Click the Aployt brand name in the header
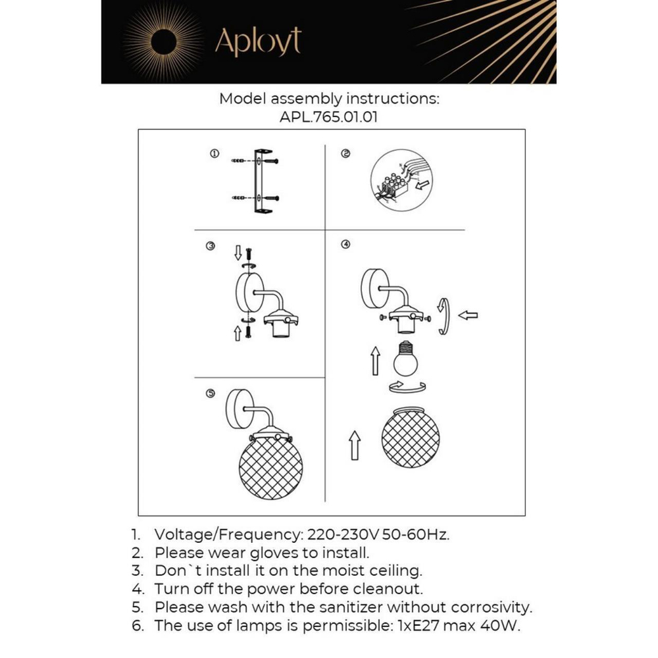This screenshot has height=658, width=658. coord(258,41)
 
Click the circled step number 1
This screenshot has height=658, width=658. coord(214,153)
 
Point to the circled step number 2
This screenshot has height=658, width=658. coord(345,153)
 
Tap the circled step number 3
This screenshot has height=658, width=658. coord(210,246)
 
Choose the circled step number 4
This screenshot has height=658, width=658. coord(345,245)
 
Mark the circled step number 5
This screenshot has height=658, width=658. coord(210,393)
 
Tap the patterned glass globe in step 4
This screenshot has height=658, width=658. coord(411,437)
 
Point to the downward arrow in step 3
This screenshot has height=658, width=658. coord(238,254)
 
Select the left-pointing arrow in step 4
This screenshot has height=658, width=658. coord(468,315)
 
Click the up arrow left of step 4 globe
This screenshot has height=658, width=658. coord(354,445)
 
